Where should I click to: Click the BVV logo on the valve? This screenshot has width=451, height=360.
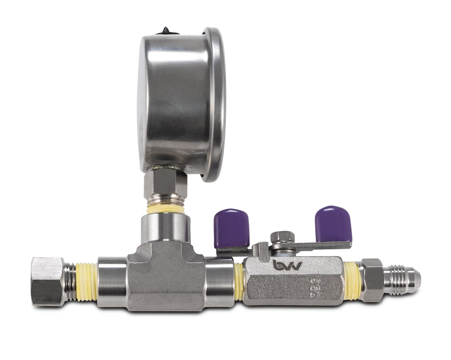pyautogui.click(x=287, y=265)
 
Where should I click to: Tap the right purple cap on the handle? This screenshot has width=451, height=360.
pyautogui.click(x=333, y=223)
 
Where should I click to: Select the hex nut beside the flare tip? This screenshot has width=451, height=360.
pyautogui.click(x=373, y=278)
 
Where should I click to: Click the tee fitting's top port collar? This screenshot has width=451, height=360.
pyautogui.click(x=165, y=228)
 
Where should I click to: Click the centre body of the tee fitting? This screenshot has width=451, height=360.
pyautogui.click(x=166, y=277)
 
